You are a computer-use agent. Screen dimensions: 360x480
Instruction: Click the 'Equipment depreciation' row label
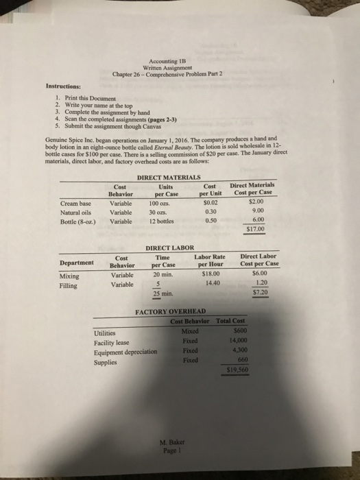(x=125, y=352)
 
